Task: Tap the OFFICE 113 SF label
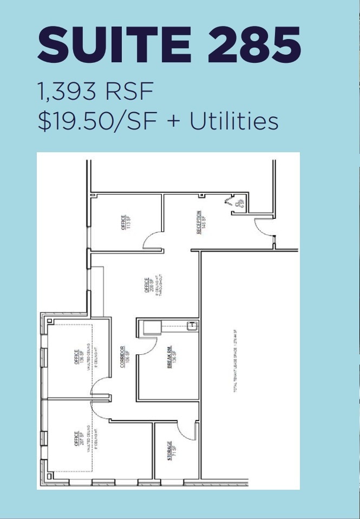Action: (126, 223)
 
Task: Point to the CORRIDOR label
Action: (124, 357)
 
